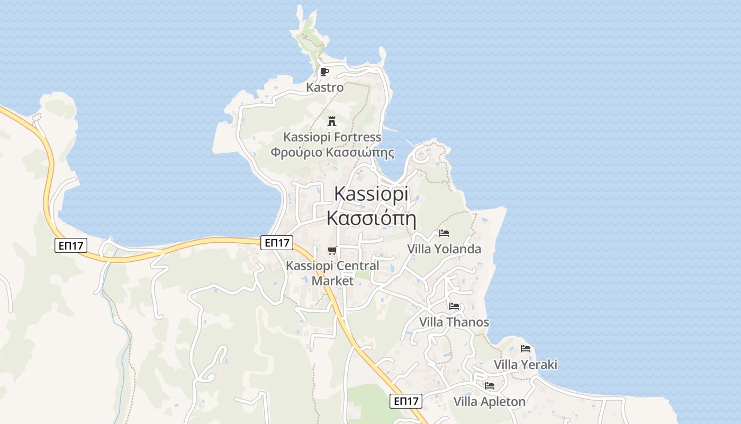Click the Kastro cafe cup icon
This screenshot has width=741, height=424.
click(x=324, y=72)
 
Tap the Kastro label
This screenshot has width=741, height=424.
click(x=325, y=87)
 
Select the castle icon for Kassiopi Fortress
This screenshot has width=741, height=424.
click(x=332, y=121)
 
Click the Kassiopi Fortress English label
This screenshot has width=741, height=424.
click(x=332, y=137)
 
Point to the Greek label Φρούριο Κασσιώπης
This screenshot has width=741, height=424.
click(x=332, y=153)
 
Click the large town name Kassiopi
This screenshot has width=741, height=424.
click(x=371, y=194)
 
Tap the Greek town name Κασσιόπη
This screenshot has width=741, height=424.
click(x=371, y=218)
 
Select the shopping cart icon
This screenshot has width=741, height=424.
click(x=332, y=250)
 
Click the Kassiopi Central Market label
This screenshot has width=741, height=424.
click(x=332, y=273)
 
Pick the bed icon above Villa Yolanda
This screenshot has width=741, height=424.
click(x=444, y=233)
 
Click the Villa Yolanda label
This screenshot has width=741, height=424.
click(x=444, y=249)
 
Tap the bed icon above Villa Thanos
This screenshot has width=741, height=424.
click(x=454, y=306)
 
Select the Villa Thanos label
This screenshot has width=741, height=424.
click(x=454, y=322)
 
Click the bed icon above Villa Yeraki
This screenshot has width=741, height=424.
click(x=526, y=348)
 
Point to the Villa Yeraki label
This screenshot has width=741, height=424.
click(x=526, y=365)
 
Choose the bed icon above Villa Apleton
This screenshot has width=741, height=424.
click(x=490, y=385)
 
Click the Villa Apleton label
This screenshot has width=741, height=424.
click(x=490, y=402)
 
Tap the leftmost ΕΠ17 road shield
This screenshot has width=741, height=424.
click(x=70, y=245)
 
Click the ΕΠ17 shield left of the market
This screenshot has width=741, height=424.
click(x=277, y=243)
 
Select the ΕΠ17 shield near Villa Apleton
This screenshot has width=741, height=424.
click(x=406, y=401)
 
